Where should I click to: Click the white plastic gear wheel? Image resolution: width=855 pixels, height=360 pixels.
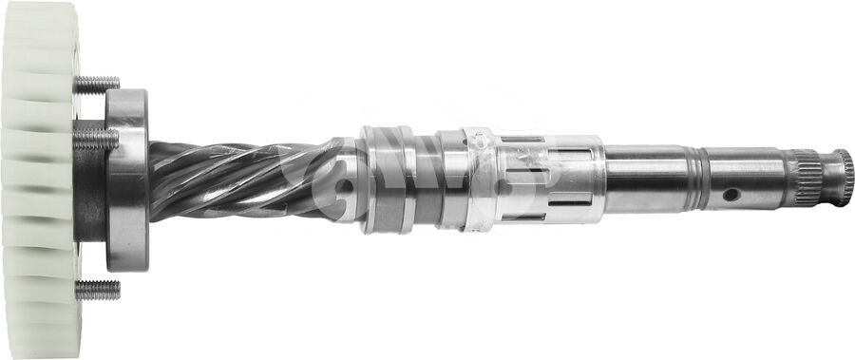(38, 180)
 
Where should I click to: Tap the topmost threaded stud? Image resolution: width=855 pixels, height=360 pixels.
(97, 85)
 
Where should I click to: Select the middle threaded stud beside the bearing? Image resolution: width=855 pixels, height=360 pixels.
(95, 139)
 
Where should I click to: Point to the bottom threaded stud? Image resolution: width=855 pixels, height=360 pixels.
(98, 290)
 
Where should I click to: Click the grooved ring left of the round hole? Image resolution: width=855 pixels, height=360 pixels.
(702, 179)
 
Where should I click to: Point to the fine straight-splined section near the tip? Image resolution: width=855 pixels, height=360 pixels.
(804, 178)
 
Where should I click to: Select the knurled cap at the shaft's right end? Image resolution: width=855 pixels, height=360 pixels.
(841, 178)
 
